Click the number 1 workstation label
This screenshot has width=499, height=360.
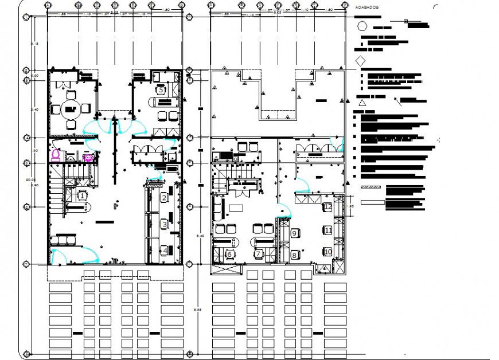click(82, 196)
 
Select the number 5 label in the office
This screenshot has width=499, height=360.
click(161, 90)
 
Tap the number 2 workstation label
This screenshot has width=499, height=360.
click(164, 198)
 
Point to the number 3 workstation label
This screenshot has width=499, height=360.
click(164, 224)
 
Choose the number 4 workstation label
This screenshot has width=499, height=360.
click(164, 250)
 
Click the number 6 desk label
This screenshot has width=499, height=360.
click(229, 255)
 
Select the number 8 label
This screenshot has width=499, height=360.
click(294, 255)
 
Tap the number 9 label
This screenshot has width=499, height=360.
click(294, 233)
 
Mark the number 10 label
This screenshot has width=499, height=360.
click(328, 251)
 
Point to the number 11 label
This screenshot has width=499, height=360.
click(328, 230)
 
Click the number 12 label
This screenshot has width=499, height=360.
click(328, 207)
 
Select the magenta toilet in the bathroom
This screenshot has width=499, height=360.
click(56, 155)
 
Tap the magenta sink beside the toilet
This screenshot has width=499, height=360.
click(88, 157)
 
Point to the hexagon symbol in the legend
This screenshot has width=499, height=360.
click(362, 26)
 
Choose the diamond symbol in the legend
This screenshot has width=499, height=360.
click(361, 61)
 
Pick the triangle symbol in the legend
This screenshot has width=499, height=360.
click(362, 103)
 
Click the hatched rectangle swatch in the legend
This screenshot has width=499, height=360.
click(372, 187)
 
